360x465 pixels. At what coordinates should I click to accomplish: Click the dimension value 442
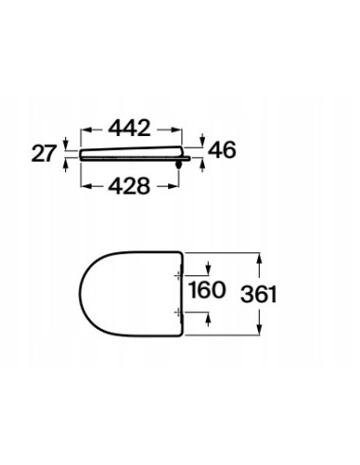(x=129, y=129)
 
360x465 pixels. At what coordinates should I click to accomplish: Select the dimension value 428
(x=129, y=186)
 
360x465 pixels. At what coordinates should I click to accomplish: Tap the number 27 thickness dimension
(x=43, y=154)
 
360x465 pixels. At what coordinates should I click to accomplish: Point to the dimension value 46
(x=222, y=149)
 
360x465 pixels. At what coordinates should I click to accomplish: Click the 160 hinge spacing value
(x=207, y=290)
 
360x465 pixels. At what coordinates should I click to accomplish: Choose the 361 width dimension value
(x=259, y=294)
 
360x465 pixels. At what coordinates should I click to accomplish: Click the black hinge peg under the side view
(x=179, y=164)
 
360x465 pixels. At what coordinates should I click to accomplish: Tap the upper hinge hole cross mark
(x=179, y=276)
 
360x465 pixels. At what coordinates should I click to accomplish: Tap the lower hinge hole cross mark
(x=179, y=312)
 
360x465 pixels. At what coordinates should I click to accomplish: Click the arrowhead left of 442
(x=86, y=129)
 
